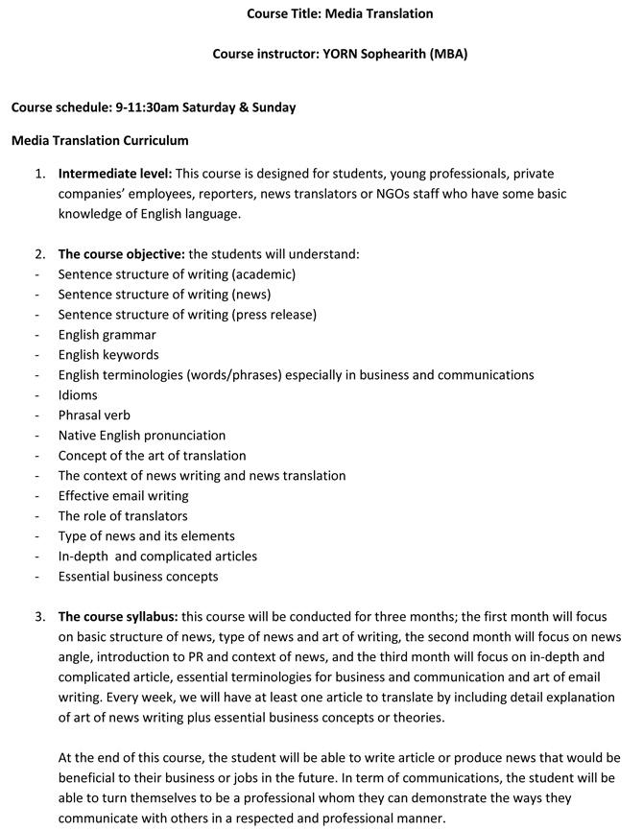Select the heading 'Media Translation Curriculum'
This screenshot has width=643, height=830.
pos(100,140)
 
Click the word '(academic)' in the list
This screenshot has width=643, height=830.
pos(264,274)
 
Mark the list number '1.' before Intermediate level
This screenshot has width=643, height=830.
pos(40,174)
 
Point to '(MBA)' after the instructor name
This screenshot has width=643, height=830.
pos(445,54)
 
